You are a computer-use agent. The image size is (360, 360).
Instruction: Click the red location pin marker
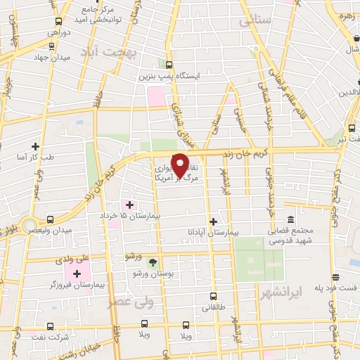tap(180, 165)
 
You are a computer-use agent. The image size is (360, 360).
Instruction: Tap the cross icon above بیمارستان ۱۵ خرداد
tap(129, 204)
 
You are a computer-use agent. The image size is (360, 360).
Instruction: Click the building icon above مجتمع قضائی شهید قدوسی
tap(290, 219)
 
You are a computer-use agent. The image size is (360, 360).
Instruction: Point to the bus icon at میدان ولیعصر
tap(50, 219)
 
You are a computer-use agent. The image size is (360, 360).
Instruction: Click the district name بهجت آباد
tap(107, 53)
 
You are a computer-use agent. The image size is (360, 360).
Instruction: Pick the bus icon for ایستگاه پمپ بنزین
tap(167, 61)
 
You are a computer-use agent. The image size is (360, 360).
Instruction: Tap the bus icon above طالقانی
tap(214, 296)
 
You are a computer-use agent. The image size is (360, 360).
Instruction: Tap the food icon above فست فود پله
tap(337, 277)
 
